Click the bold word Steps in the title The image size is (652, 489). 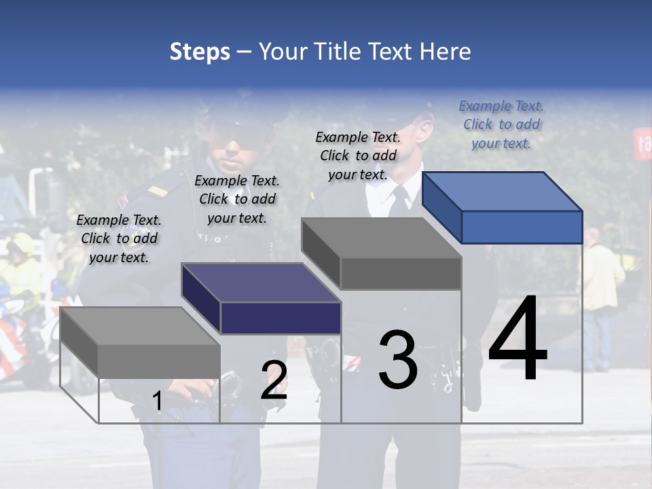coord(200,52)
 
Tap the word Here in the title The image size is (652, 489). coord(445,52)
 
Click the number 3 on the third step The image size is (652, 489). coord(398,360)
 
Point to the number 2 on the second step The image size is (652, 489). coord(274,380)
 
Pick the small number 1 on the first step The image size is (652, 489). coord(157,401)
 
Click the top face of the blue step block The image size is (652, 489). coord(501,191)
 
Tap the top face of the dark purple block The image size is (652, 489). coord(261,283)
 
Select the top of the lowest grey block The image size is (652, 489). coord(139,326)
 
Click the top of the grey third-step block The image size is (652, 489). coord(381,238)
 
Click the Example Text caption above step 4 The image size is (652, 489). coord(501,124)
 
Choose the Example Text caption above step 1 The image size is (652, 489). coord(119,238)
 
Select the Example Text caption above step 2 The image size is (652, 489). coord(237,199)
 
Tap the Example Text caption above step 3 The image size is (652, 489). coord(358,156)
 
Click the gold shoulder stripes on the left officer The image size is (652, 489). coord(157,192)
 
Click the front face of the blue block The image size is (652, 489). coord(522,227)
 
